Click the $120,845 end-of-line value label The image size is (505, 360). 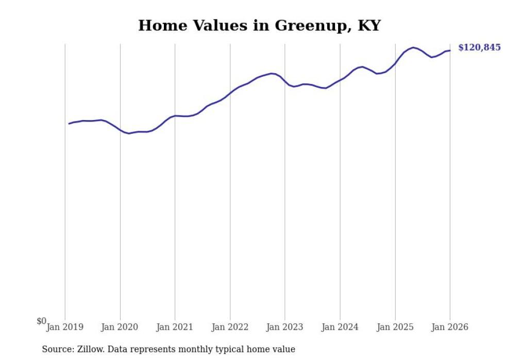[479, 47]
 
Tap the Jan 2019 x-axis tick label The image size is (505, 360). [65, 327]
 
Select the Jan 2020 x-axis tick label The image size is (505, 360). [120, 327]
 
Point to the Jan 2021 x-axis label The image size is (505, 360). [175, 327]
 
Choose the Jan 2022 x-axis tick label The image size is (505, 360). [230, 327]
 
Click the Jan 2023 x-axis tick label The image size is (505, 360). [284, 327]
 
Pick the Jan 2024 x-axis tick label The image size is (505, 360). [340, 327]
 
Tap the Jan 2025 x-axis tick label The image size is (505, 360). [395, 327]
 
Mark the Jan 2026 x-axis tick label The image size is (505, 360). [450, 327]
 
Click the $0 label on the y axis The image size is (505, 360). [41, 321]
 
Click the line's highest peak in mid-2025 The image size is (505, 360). [413, 47]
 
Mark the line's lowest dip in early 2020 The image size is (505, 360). [129, 133]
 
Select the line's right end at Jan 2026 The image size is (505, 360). [450, 50]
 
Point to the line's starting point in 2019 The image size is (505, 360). [69, 124]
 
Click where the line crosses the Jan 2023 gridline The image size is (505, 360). [284, 81]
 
